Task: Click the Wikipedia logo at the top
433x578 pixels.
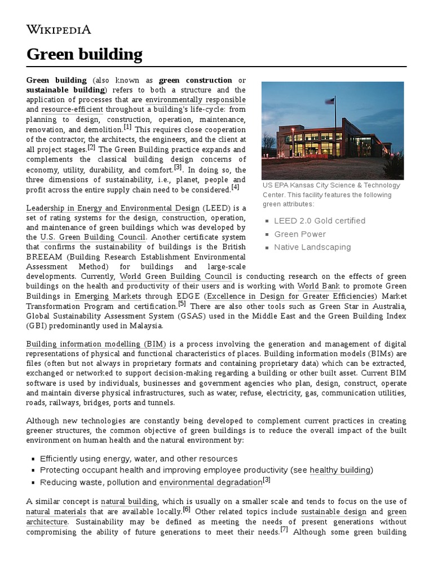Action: (59, 30)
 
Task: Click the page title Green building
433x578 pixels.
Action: (84, 54)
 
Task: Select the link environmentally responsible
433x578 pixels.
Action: (195, 100)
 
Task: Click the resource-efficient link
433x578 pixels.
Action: (72, 110)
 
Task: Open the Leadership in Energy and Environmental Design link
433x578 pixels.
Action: (113, 208)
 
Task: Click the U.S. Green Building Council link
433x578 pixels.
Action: (93, 238)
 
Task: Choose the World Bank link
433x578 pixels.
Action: (322, 286)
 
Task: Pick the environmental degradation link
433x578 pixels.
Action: (210, 483)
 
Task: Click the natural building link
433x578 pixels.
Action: (129, 501)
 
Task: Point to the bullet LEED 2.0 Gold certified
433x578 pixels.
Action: (319, 221)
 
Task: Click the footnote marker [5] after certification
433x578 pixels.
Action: (182, 304)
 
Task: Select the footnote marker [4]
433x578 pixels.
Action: (235, 187)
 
